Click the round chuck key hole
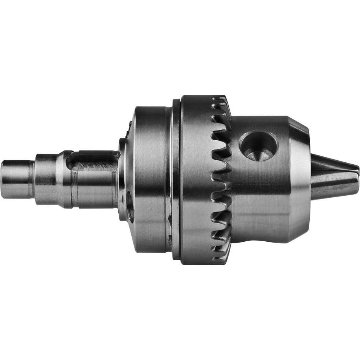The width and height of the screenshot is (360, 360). pyautogui.click(x=258, y=145)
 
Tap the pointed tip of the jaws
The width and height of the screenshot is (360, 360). pyautogui.click(x=357, y=173)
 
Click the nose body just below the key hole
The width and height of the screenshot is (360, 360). pyautogui.click(x=259, y=189)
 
